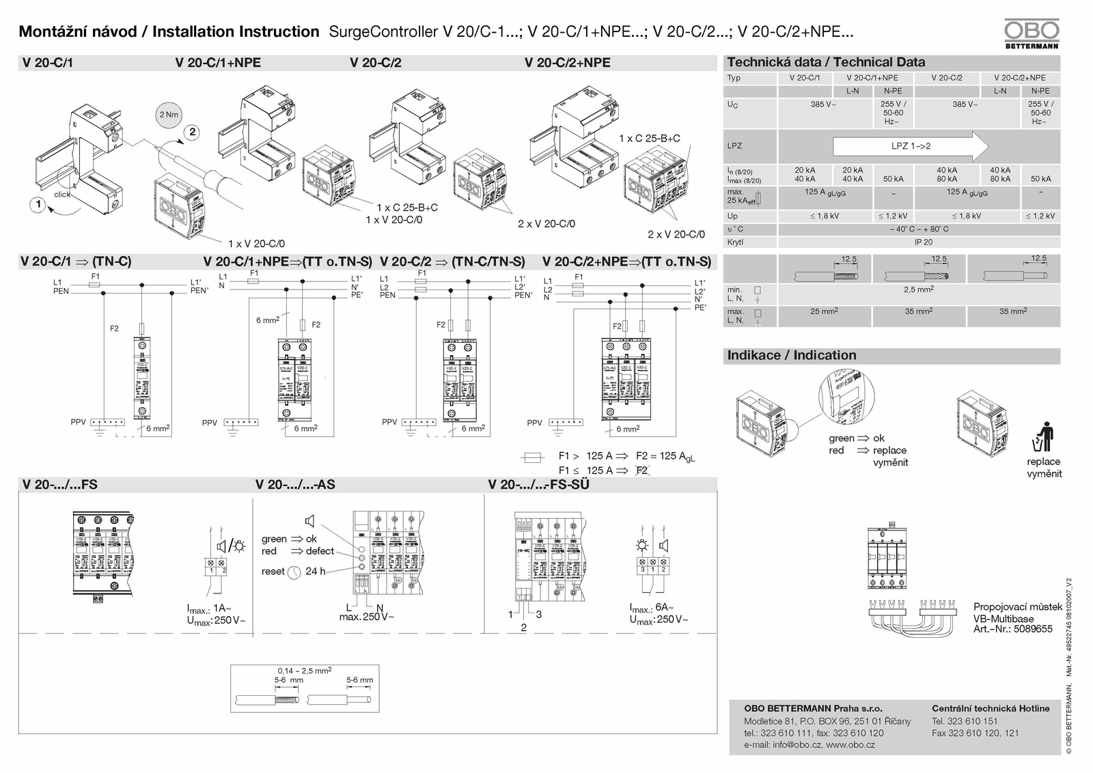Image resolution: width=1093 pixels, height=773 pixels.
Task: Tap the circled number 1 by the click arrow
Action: (x=38, y=204)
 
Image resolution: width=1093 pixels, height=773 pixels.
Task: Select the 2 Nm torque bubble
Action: (x=169, y=115)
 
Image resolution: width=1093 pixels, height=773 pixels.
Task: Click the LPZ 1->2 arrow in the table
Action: (x=911, y=146)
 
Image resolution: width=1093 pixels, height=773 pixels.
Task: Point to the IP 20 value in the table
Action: (x=923, y=242)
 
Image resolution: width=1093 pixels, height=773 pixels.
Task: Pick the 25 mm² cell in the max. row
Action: (x=824, y=311)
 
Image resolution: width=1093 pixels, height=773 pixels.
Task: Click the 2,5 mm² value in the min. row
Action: (x=919, y=290)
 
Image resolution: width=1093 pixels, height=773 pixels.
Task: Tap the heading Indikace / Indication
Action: (x=791, y=355)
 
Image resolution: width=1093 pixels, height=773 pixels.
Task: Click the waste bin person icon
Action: (x=1044, y=437)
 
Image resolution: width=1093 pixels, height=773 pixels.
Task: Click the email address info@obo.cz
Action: (x=796, y=744)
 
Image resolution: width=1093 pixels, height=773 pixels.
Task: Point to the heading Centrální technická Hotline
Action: (x=991, y=708)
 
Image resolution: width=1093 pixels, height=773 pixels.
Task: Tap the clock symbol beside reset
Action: (x=294, y=572)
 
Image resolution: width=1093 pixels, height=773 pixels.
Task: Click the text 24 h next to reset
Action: (x=316, y=572)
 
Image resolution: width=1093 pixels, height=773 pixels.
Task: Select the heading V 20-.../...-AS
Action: (x=295, y=485)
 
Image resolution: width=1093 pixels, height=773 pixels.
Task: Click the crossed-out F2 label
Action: (x=641, y=470)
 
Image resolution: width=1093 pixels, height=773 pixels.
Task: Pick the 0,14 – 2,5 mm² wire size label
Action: (x=304, y=671)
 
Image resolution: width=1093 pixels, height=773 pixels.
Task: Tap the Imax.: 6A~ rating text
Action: (x=652, y=607)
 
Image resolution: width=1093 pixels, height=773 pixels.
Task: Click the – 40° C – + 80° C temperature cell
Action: (x=919, y=229)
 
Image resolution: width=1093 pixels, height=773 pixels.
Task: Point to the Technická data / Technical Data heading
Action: (x=826, y=62)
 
